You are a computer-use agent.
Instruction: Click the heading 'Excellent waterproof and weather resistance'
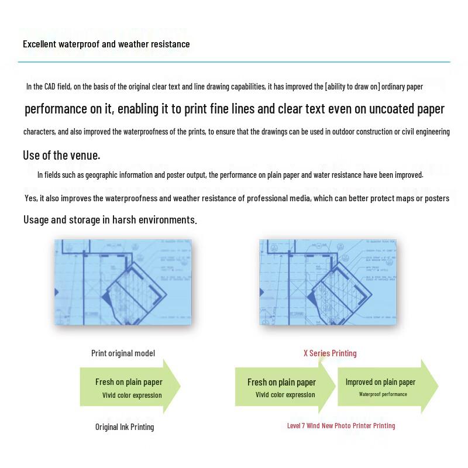(106, 44)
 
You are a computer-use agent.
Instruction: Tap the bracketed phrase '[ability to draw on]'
(352, 87)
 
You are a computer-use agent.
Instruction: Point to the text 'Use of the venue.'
(61, 155)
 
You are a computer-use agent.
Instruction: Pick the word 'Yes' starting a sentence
(30, 198)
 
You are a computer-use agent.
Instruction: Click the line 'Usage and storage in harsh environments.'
(110, 220)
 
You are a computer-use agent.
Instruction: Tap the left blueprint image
(123, 281)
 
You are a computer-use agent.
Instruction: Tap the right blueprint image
(328, 281)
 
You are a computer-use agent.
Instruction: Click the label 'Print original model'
(123, 353)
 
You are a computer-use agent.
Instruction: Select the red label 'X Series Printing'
(330, 353)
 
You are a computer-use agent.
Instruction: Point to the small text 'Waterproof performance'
(383, 394)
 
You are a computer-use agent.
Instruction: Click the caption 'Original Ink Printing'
(125, 427)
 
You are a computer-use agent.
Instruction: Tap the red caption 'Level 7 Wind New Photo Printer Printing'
(341, 426)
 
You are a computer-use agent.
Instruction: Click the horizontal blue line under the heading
(234, 61)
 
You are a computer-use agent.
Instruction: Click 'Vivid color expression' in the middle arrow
(285, 395)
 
